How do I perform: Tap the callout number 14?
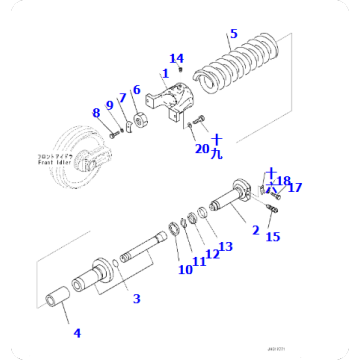point(176,58)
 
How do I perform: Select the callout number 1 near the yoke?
point(166,74)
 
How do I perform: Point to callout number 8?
point(96,114)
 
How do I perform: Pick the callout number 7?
point(122,98)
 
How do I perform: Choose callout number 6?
point(136,91)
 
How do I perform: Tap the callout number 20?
point(201,148)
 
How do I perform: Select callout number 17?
point(295,187)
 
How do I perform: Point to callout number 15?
point(272,236)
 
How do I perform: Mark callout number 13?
point(224,246)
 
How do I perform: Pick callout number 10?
point(184,269)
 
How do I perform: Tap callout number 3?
point(136,298)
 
